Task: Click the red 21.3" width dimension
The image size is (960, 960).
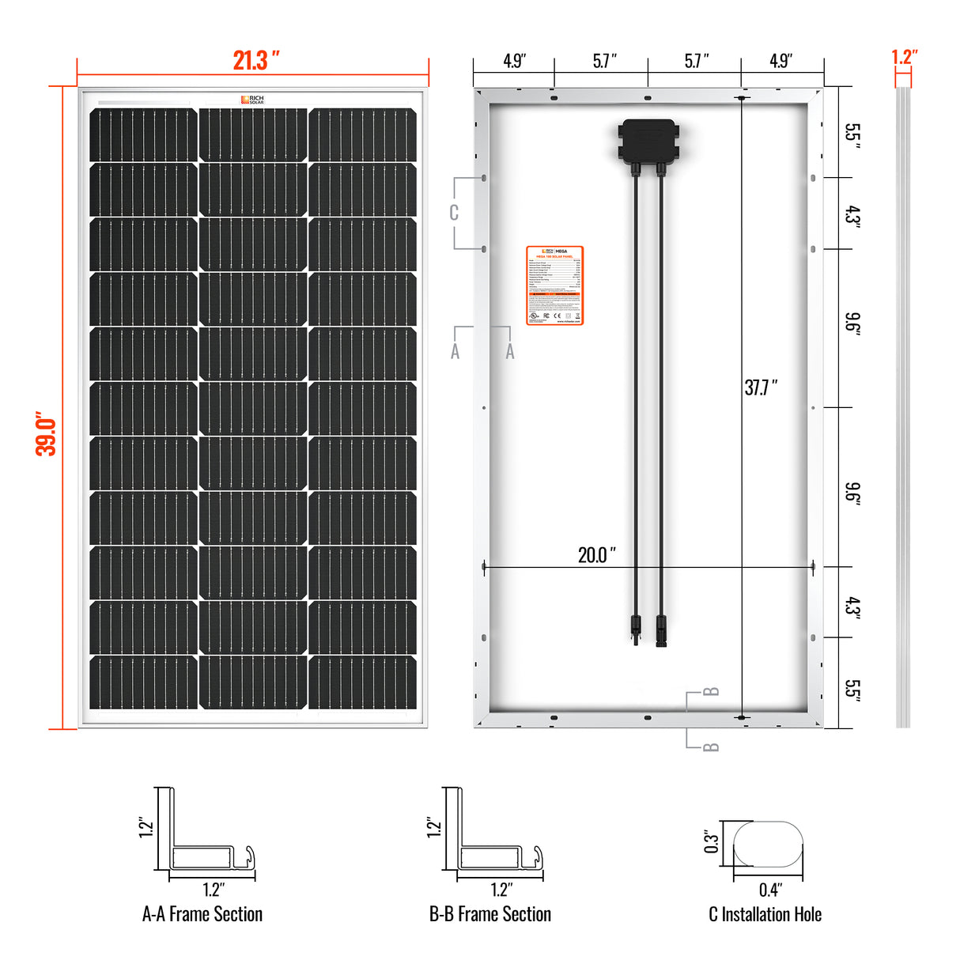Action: pyautogui.click(x=255, y=61)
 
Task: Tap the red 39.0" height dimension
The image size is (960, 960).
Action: pyautogui.click(x=46, y=433)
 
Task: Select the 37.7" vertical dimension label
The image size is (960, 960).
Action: pyautogui.click(x=760, y=387)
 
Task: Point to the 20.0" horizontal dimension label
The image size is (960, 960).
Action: pyautogui.click(x=596, y=554)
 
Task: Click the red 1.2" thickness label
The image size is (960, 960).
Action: pyautogui.click(x=903, y=57)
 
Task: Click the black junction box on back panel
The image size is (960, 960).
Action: pyautogui.click(x=648, y=141)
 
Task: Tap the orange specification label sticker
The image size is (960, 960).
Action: pyautogui.click(x=554, y=285)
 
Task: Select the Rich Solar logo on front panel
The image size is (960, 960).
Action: pyautogui.click(x=253, y=100)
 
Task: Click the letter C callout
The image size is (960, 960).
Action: pyautogui.click(x=454, y=213)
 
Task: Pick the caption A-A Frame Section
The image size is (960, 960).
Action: pyautogui.click(x=202, y=914)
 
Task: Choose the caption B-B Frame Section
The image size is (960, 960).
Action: pyautogui.click(x=490, y=914)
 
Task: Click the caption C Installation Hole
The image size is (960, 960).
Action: pyautogui.click(x=765, y=914)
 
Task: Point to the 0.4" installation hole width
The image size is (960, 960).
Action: pyautogui.click(x=769, y=890)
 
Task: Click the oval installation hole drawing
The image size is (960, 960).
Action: pyautogui.click(x=768, y=844)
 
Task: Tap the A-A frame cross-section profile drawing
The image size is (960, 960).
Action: pyautogui.click(x=206, y=838)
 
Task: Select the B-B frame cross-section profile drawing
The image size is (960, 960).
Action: pyautogui.click(x=493, y=838)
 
